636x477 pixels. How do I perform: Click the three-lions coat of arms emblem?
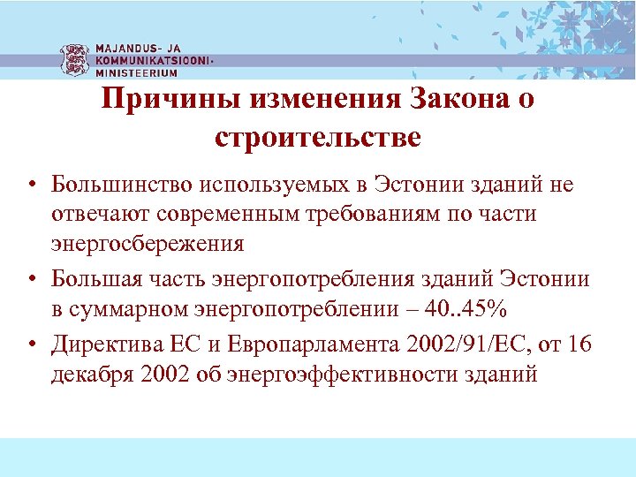[x=74, y=59]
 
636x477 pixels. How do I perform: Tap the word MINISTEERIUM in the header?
[x=131, y=74]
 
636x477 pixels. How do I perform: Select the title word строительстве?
[x=317, y=137]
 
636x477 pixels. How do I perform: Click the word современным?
[x=240, y=213]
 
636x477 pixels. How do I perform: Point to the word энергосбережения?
[x=148, y=242]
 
